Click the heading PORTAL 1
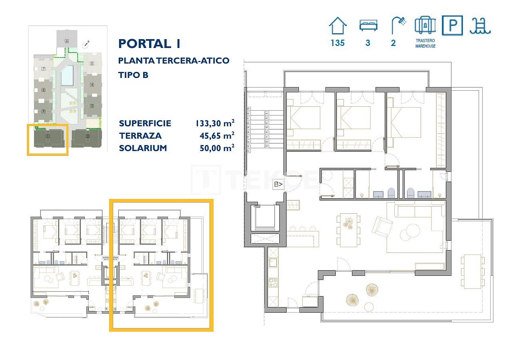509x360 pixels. tap(150, 44)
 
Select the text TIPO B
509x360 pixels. tap(134, 75)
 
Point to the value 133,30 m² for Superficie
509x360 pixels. tap(214, 123)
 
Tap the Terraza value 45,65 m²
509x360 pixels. tap(216, 136)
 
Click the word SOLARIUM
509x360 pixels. tap(143, 148)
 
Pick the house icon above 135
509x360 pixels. tap(337, 26)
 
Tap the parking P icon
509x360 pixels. tap(452, 26)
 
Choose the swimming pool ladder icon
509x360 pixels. tap(481, 26)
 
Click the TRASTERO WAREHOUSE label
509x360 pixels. tap(425, 43)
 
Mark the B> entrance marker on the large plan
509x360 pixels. tap(278, 184)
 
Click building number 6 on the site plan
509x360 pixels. tap(67, 41)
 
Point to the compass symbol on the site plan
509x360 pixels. tap(86, 44)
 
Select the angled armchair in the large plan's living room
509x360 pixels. tap(382, 226)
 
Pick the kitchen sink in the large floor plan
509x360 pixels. tap(273, 263)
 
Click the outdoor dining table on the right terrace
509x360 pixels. tap(472, 271)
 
